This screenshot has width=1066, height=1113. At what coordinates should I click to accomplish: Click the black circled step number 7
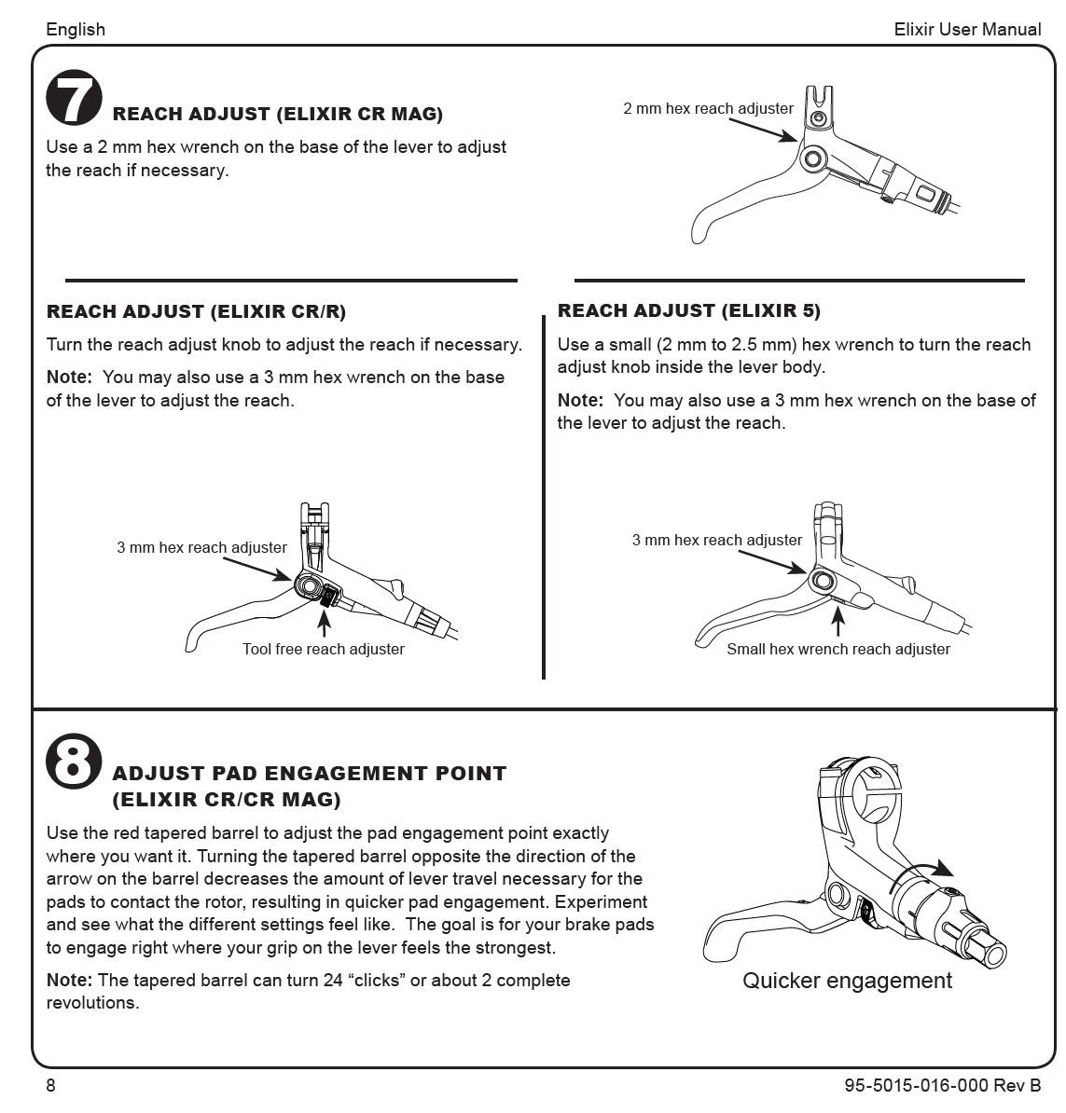[x=74, y=97]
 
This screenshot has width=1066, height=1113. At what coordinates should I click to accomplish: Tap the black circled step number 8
[x=74, y=761]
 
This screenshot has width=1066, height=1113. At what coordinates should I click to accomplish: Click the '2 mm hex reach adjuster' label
[x=708, y=109]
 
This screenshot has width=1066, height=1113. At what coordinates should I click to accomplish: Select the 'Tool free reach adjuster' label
[x=323, y=649]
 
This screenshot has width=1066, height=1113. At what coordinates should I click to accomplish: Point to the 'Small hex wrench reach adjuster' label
[x=838, y=649]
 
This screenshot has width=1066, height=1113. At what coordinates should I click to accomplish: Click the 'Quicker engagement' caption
[x=847, y=981]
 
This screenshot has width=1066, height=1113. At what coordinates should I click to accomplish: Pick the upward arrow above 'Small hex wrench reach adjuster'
[x=838, y=621]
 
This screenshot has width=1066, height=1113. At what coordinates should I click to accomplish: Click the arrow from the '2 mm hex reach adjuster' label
[x=764, y=131]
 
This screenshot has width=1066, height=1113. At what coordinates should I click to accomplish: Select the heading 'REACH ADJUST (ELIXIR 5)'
[x=689, y=311]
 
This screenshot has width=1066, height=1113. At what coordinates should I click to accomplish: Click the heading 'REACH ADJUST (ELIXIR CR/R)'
[x=196, y=311]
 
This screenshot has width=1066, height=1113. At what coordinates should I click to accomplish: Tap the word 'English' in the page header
[x=76, y=29]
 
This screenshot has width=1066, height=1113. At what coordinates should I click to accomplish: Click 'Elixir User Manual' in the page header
[x=967, y=29]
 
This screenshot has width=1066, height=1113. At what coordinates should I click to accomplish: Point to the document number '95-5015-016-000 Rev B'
[x=943, y=1085]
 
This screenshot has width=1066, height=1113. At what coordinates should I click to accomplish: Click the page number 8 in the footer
[x=50, y=1085]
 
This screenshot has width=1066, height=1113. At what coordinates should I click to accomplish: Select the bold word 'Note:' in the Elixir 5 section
[x=580, y=400]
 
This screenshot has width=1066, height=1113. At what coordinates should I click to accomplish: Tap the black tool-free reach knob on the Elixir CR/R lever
[x=328, y=597]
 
